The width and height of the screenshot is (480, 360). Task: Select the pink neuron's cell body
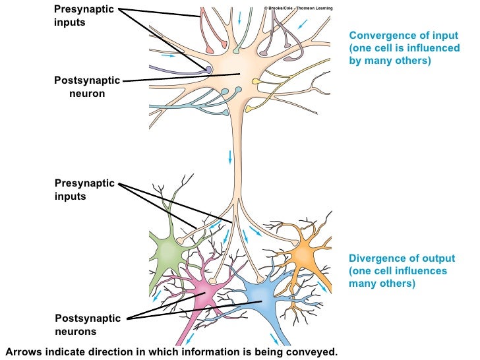(x=207, y=290)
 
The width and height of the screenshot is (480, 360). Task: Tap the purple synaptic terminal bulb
(x=208, y=69)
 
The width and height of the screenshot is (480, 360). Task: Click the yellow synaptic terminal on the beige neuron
(x=256, y=82)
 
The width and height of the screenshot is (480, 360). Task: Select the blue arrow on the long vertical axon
(x=230, y=157)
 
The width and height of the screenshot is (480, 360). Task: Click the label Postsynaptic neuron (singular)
(x=87, y=86)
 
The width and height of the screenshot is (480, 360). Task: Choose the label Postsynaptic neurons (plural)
(x=88, y=325)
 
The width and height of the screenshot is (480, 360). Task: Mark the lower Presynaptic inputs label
(x=84, y=189)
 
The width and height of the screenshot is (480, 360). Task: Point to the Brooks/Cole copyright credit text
(x=299, y=8)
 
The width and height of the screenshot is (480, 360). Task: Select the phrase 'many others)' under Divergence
(x=381, y=284)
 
